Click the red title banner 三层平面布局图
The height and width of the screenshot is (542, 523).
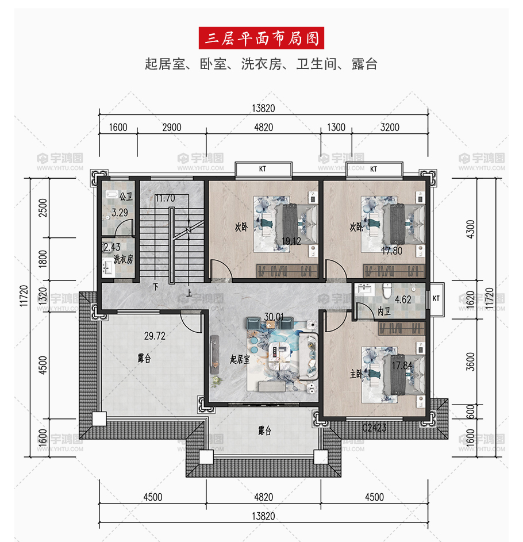pyautogui.click(x=261, y=38)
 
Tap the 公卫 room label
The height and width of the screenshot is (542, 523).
pyautogui.click(x=126, y=197)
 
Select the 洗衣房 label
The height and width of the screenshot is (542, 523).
pyautogui.click(x=124, y=259)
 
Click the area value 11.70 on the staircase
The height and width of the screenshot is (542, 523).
pyautogui.click(x=165, y=198)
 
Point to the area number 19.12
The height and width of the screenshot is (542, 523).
pyautogui.click(x=291, y=241)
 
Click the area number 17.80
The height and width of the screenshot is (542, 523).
pyautogui.click(x=392, y=251)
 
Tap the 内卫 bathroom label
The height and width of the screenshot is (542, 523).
pyautogui.click(x=384, y=312)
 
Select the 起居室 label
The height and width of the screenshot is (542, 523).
pyautogui.click(x=240, y=359)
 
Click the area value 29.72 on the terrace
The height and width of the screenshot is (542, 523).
pyautogui.click(x=155, y=336)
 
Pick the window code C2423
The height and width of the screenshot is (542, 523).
pyautogui.click(x=374, y=428)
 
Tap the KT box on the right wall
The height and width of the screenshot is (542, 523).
pyautogui.click(x=436, y=299)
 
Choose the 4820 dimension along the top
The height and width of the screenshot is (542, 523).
pyautogui.click(x=263, y=128)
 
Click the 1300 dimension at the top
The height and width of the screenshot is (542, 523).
pyautogui.click(x=336, y=128)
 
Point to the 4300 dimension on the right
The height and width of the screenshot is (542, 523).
pyautogui.click(x=471, y=229)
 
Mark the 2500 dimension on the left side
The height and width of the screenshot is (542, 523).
pyautogui.click(x=43, y=207)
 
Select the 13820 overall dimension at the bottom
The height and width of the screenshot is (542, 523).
pyautogui.click(x=263, y=516)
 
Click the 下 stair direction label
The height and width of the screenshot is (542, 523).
pyautogui.click(x=156, y=287)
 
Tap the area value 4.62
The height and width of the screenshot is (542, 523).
pyautogui.click(x=403, y=299)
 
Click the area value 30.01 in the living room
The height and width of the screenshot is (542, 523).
pyautogui.click(x=274, y=317)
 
